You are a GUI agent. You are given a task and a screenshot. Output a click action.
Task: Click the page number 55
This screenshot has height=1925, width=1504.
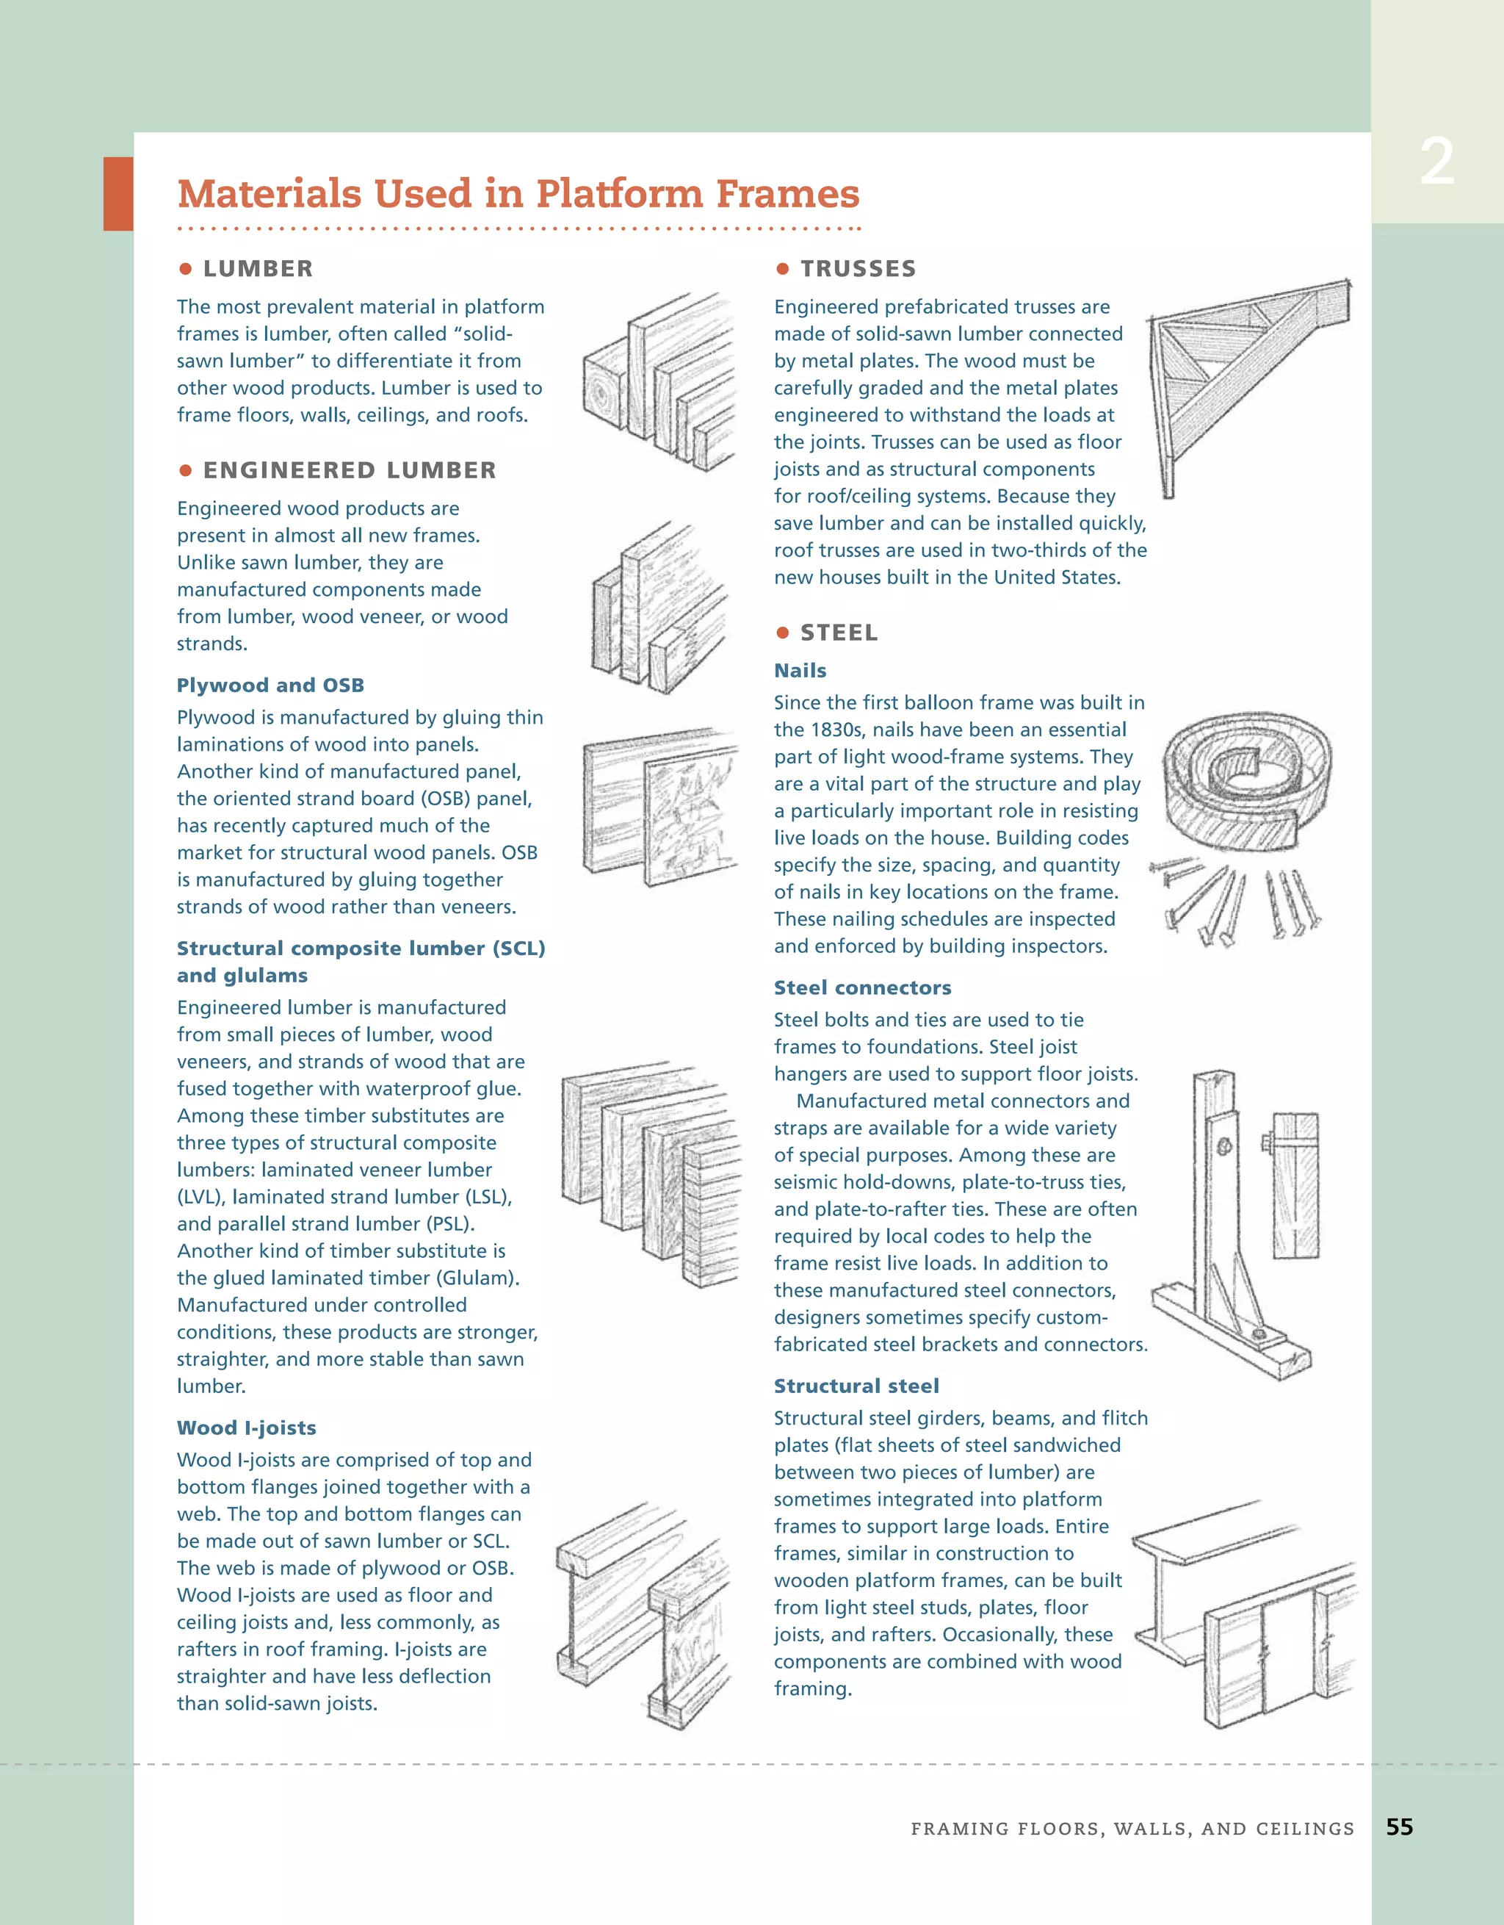pyautogui.click(x=1399, y=1827)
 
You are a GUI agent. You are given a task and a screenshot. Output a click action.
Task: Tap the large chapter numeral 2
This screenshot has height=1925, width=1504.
pyautogui.click(x=1437, y=163)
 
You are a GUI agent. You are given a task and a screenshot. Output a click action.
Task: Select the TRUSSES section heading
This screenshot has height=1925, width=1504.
pyautogui.click(x=857, y=269)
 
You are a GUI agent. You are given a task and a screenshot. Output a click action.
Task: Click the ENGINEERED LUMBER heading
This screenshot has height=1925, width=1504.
pyautogui.click(x=349, y=471)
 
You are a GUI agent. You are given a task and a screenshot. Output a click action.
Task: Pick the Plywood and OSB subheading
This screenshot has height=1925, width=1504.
pyautogui.click(x=270, y=685)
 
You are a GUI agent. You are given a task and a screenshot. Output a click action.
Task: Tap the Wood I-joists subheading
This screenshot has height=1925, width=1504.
pyautogui.click(x=246, y=1428)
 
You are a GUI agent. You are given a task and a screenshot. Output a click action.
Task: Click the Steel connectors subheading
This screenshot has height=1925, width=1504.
pyautogui.click(x=861, y=988)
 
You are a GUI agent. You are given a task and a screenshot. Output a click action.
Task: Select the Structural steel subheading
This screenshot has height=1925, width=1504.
pyautogui.click(x=856, y=1386)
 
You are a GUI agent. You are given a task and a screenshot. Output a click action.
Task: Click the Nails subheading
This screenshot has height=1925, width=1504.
pyautogui.click(x=800, y=671)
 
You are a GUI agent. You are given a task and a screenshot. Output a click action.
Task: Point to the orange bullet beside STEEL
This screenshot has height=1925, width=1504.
pyautogui.click(x=781, y=633)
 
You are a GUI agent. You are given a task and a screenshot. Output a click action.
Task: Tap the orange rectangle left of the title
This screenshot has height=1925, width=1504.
pyautogui.click(x=118, y=194)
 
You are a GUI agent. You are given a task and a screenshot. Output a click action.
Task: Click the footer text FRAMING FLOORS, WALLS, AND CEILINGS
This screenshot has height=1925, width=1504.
pyautogui.click(x=1131, y=1829)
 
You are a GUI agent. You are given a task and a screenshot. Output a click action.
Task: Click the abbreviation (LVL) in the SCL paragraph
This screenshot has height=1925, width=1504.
pyautogui.click(x=203, y=1197)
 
